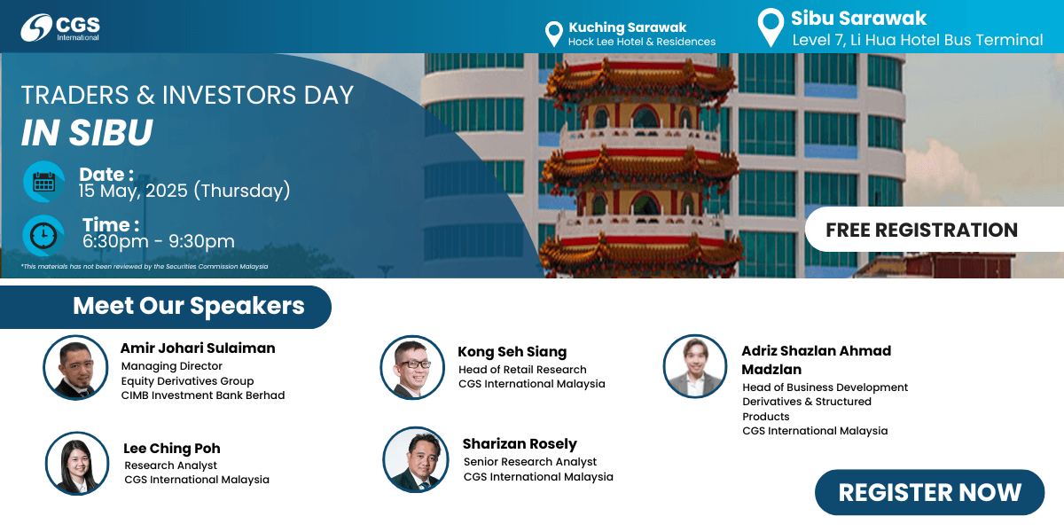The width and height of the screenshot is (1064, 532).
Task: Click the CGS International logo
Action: pyautogui.click(x=60, y=27)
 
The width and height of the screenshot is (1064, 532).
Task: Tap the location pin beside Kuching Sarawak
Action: pyautogui.click(x=554, y=34)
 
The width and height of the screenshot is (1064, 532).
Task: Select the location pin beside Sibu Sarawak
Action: pyautogui.click(x=771, y=27)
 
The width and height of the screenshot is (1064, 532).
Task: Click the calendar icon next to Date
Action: pyautogui.click(x=44, y=182)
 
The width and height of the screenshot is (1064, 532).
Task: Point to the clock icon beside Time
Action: pyautogui.click(x=43, y=236)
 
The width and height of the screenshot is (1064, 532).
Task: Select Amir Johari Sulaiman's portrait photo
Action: pyautogui.click(x=75, y=367)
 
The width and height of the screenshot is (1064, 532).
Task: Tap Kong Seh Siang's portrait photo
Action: pyautogui.click(x=412, y=367)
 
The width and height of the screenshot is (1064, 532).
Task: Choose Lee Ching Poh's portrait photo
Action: pyautogui.click(x=77, y=463)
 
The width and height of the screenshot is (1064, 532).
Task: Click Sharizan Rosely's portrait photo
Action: pyautogui.click(x=416, y=459)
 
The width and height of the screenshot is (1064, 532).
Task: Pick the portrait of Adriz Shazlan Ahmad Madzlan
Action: pyautogui.click(x=695, y=365)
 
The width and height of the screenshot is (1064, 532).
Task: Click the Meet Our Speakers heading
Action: pyautogui.click(x=189, y=305)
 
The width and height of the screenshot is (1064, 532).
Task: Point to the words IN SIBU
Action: pyautogui.click(x=87, y=132)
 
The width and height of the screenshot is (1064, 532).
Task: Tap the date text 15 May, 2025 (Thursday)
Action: pyautogui.click(x=184, y=191)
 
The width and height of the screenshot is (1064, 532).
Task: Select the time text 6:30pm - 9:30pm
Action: pyautogui.click(x=158, y=241)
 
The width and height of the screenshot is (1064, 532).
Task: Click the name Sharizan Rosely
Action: pyautogui.click(x=520, y=443)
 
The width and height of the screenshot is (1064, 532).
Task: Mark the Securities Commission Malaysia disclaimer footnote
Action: pyautogui.click(x=145, y=267)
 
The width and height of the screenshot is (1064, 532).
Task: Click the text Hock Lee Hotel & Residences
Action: pyautogui.click(x=642, y=42)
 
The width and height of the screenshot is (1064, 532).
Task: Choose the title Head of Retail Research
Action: pyautogui.click(x=522, y=370)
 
